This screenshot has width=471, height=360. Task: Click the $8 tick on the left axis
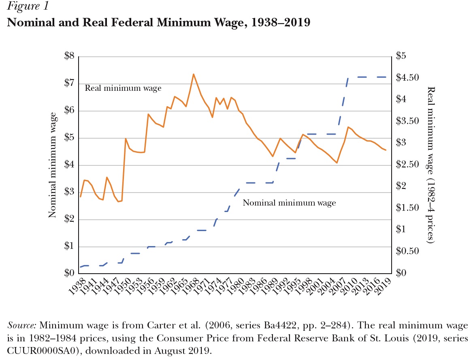pos(69,56)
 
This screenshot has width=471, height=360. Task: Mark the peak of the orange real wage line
pos(193,74)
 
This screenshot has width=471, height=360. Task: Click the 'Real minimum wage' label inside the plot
pos(123,88)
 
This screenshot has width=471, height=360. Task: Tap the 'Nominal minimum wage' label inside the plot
pos(289,202)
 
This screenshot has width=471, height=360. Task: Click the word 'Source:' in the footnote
pos(22,326)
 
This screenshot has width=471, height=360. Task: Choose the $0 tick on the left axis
pos(69,274)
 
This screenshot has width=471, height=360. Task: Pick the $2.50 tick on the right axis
pos(405,165)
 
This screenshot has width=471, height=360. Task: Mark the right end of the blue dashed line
pos(386,77)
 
